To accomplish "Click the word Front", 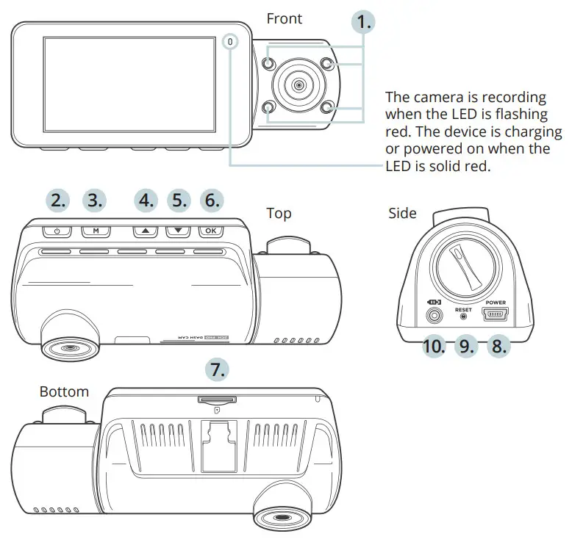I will [284, 18].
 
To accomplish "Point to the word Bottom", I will [64, 391].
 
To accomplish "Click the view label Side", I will [402, 213].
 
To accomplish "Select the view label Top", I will [279, 213].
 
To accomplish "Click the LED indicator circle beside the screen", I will [231, 43].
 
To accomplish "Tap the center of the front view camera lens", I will [298, 86].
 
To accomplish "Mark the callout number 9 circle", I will [466, 345].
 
